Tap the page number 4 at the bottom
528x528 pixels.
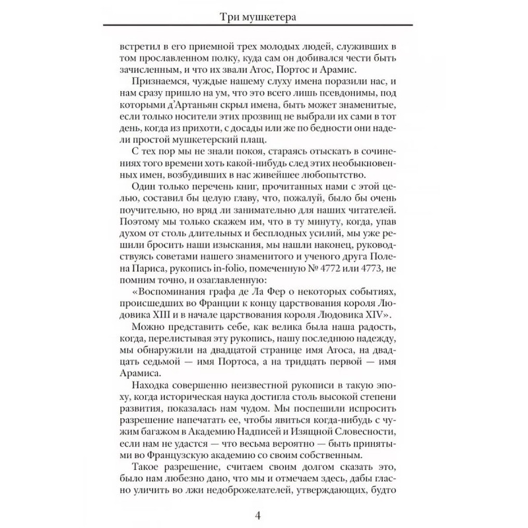[x=264, y=512]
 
